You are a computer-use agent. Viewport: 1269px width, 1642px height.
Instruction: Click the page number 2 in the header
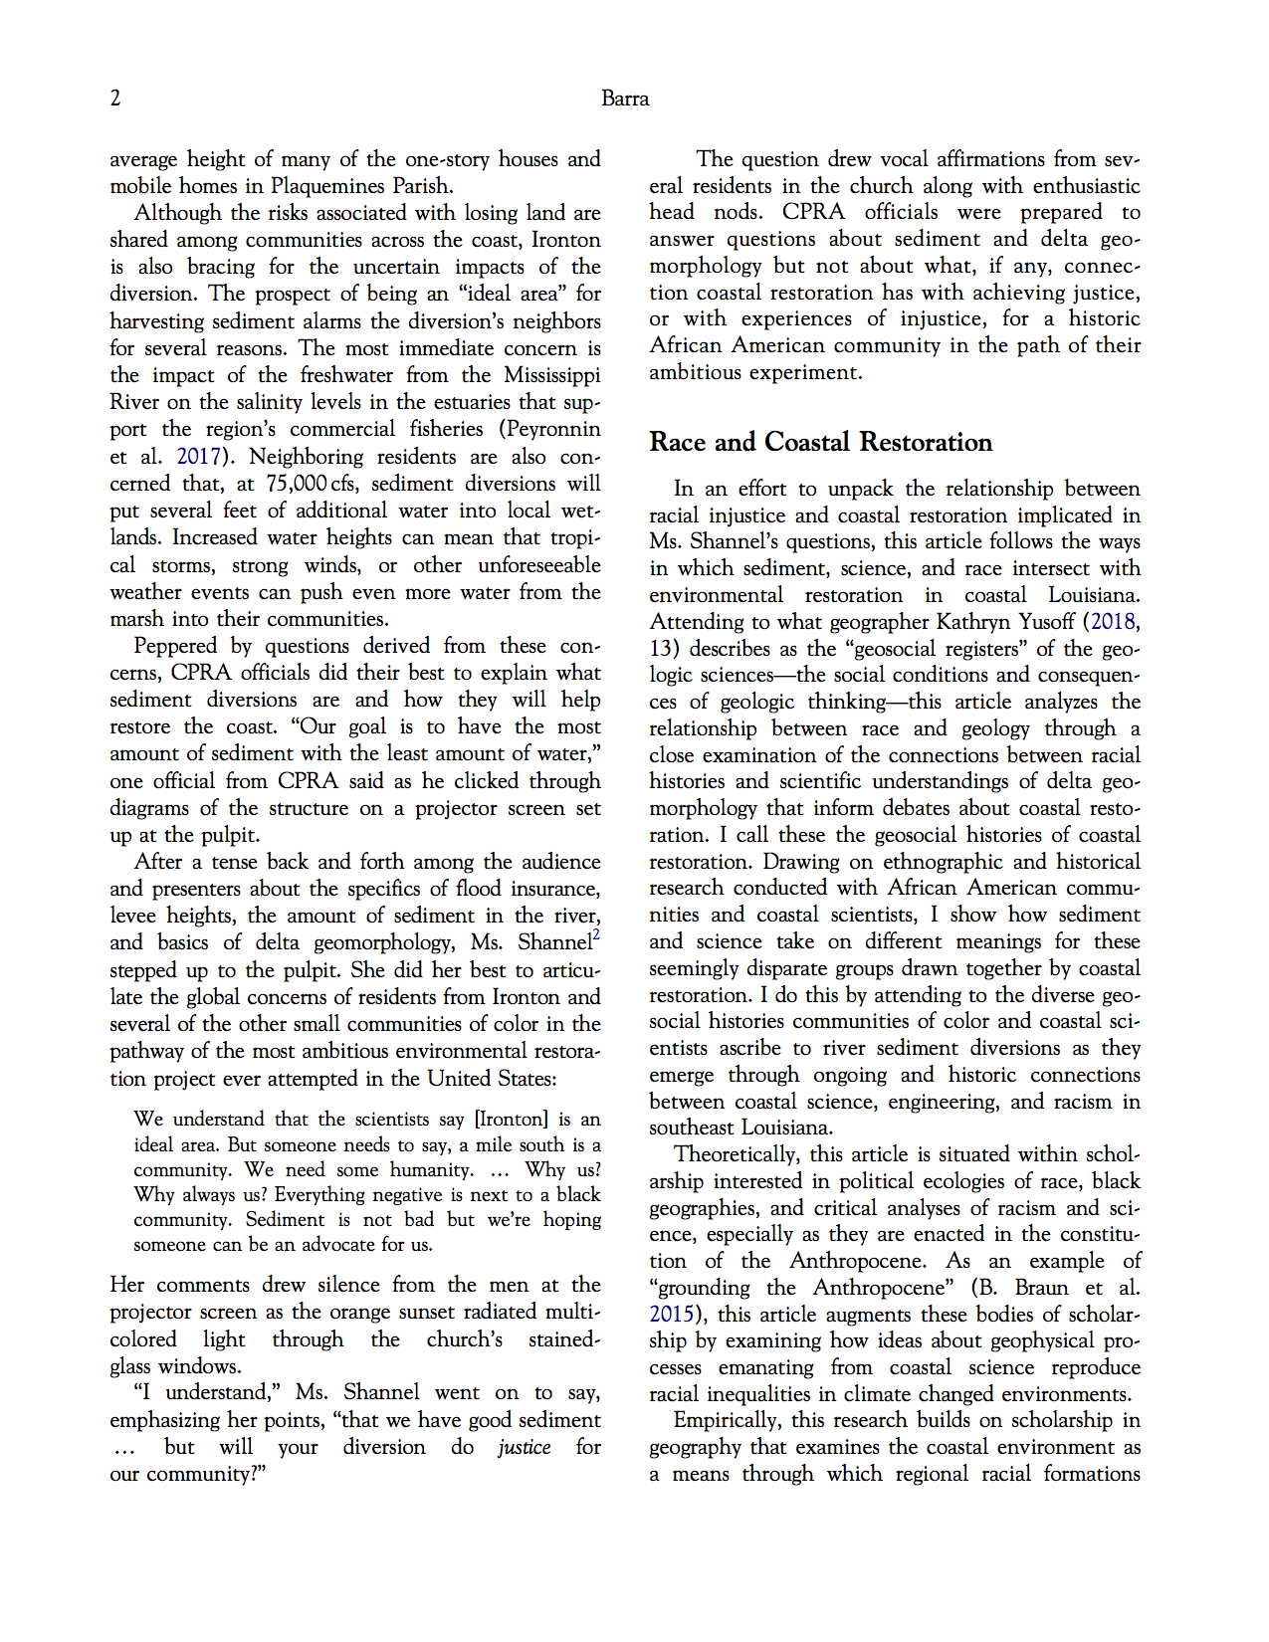coord(115,98)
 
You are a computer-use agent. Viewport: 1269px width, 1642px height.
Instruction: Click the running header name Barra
coord(625,99)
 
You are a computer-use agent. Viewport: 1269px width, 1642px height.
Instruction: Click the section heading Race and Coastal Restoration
coord(820,442)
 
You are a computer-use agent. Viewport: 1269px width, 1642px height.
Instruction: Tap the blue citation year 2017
coord(198,457)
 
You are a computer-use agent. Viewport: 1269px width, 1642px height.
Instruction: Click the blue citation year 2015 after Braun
coord(671,1315)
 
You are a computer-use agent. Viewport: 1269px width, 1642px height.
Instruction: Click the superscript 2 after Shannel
coord(596,934)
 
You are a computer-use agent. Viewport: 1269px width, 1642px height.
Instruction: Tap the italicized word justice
coord(525,1447)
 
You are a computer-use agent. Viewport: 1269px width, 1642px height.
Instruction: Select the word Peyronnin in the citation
coord(554,429)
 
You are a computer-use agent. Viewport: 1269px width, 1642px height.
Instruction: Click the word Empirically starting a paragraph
coord(726,1420)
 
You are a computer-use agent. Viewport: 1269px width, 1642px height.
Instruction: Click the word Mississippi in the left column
coord(551,375)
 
